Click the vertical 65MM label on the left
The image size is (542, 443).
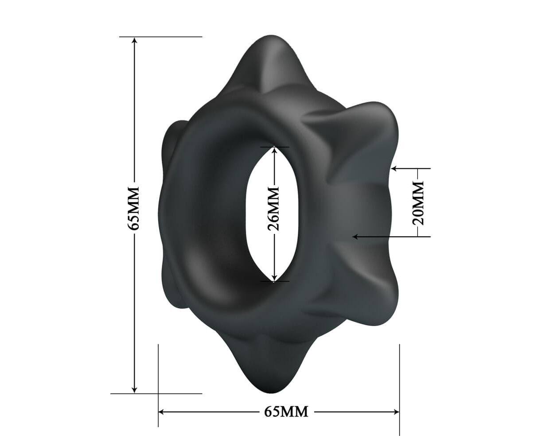click(133, 208)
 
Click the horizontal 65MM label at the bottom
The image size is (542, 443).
click(286, 412)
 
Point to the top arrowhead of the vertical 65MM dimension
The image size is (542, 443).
click(135, 41)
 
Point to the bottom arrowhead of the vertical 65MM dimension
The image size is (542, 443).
click(134, 389)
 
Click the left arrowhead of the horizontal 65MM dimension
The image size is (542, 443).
click(162, 412)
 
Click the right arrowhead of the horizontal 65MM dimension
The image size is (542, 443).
click(396, 412)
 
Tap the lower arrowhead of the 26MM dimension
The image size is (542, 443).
click(275, 278)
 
